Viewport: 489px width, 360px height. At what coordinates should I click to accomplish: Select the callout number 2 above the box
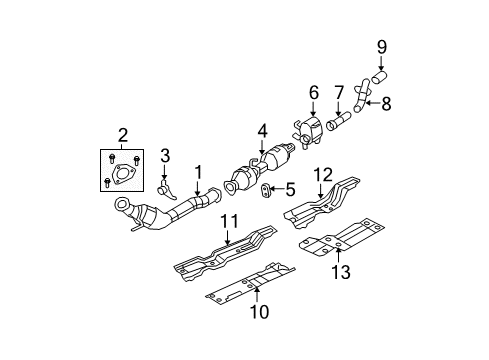click(x=122, y=135)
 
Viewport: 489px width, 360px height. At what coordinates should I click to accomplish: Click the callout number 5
click(x=292, y=188)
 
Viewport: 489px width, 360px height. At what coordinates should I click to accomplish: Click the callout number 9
click(x=381, y=45)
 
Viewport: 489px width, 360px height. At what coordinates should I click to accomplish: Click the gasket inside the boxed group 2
click(x=122, y=179)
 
